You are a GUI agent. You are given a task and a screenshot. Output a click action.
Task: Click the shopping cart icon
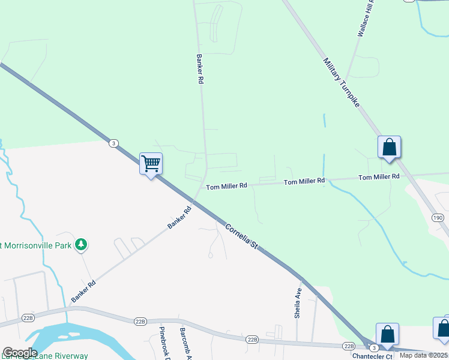click(x=151, y=163)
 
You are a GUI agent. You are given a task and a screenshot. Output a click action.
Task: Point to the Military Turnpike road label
click(x=341, y=82)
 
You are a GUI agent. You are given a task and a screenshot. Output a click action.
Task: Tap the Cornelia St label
click(x=241, y=236)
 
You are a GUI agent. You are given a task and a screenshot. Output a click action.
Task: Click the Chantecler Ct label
click(x=372, y=356)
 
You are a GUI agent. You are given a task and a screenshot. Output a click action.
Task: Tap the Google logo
click(x=20, y=353)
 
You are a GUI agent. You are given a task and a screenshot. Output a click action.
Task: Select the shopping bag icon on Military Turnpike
click(x=389, y=146)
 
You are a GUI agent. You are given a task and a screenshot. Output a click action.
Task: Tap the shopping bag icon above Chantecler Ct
click(x=387, y=334)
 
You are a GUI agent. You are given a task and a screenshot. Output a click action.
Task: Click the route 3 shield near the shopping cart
click(x=113, y=143)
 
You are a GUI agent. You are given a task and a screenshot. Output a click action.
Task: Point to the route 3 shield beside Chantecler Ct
click(x=374, y=348)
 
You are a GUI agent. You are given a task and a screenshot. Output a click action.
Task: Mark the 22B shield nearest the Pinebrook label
click(x=140, y=322)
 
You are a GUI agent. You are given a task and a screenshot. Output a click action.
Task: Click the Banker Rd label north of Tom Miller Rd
click(x=200, y=68)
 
